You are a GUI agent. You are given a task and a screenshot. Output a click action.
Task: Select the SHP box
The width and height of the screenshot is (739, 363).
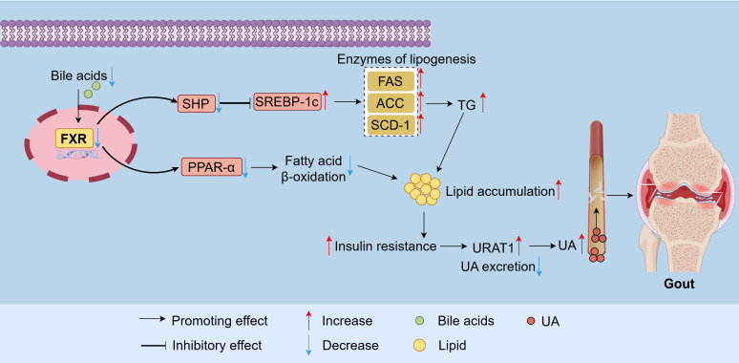196,103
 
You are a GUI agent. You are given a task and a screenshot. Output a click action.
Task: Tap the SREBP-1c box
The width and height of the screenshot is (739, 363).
287,101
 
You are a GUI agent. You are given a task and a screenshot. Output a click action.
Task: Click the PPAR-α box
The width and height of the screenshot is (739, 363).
212,167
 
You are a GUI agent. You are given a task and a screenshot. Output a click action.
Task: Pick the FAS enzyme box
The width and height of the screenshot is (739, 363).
391,81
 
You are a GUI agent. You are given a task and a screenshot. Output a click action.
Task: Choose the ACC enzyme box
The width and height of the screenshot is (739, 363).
391,103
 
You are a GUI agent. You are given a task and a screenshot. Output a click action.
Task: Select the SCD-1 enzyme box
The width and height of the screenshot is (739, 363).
391,124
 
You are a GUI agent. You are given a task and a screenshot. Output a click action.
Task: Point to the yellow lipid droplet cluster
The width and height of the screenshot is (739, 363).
422,188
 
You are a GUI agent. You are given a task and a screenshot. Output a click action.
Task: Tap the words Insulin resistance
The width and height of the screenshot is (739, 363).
385,246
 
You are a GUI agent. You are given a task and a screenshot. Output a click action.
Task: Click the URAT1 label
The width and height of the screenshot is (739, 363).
493,246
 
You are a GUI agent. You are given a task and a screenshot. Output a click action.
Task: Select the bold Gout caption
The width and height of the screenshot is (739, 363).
679,284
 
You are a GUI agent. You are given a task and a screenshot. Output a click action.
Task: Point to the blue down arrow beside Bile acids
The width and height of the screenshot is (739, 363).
112,76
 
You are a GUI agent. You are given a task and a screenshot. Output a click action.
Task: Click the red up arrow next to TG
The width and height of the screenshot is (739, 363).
483,103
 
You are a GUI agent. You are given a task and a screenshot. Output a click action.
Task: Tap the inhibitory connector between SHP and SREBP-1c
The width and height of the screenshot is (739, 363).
236,103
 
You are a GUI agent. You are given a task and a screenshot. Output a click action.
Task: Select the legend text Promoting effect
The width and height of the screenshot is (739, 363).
220,321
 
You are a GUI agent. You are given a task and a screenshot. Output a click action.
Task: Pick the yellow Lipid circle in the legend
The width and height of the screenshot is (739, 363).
419,346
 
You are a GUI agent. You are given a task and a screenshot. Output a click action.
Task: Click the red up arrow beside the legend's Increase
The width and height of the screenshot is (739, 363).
308,320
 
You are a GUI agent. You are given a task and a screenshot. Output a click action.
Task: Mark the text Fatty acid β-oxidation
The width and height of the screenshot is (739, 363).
313,169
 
